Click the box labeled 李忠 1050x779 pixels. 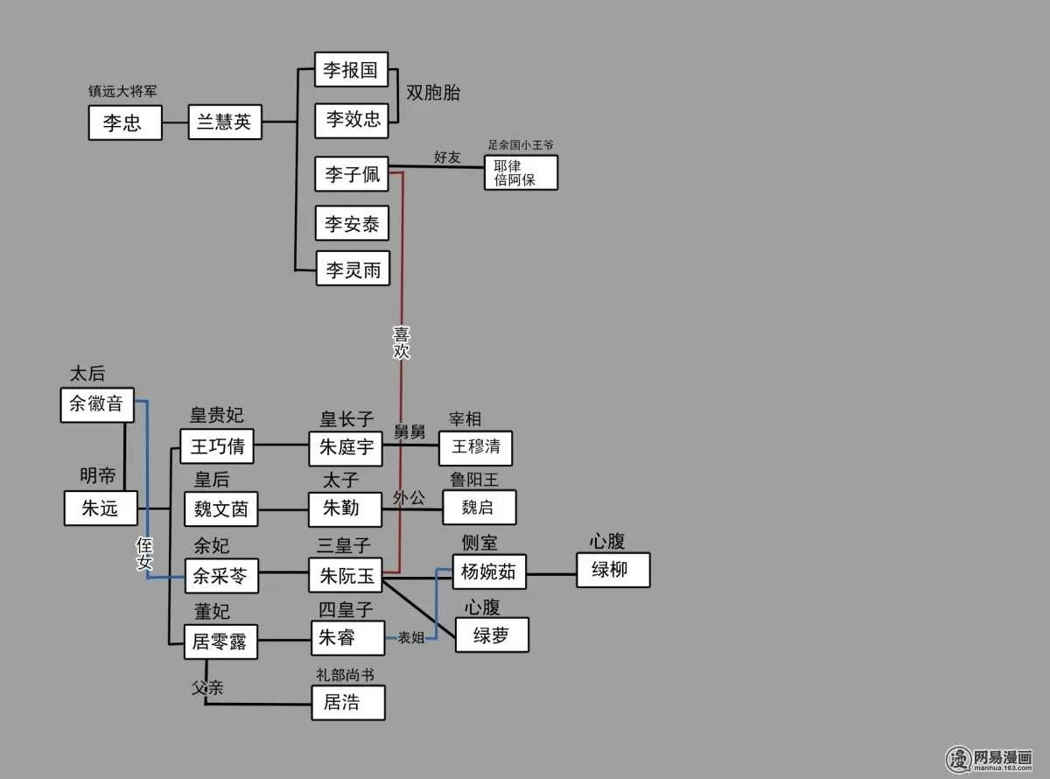(x=125, y=123)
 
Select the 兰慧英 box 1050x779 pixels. (x=225, y=122)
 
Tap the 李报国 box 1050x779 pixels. (x=351, y=70)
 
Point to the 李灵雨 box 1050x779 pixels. (x=353, y=270)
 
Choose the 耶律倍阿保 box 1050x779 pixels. (x=521, y=172)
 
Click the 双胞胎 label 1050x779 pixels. (x=433, y=94)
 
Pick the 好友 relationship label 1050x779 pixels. (x=447, y=158)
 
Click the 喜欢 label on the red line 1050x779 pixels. (x=402, y=342)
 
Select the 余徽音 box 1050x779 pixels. (x=96, y=405)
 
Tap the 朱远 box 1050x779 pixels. (x=100, y=508)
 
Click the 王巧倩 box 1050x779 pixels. (x=217, y=447)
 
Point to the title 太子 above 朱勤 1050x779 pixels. (x=341, y=481)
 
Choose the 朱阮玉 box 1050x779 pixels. (x=346, y=575)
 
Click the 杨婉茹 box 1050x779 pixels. (x=488, y=572)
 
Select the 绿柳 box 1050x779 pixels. (x=612, y=570)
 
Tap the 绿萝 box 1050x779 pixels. (x=491, y=635)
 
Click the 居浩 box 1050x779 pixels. (x=347, y=701)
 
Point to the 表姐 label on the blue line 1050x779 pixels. (x=410, y=637)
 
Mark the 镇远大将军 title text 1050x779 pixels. (x=122, y=91)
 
